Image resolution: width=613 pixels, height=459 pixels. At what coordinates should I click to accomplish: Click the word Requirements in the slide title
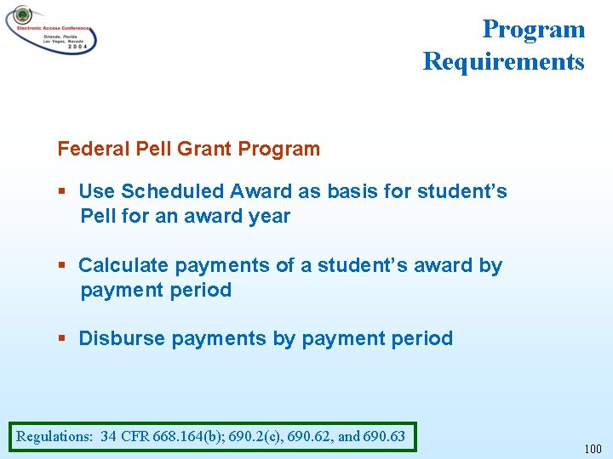click(x=503, y=61)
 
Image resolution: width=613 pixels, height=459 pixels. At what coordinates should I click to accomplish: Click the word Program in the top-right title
click(x=533, y=29)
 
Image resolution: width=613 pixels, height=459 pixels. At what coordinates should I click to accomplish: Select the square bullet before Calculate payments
click(x=62, y=266)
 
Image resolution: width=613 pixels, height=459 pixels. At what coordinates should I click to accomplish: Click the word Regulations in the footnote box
click(x=54, y=437)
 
